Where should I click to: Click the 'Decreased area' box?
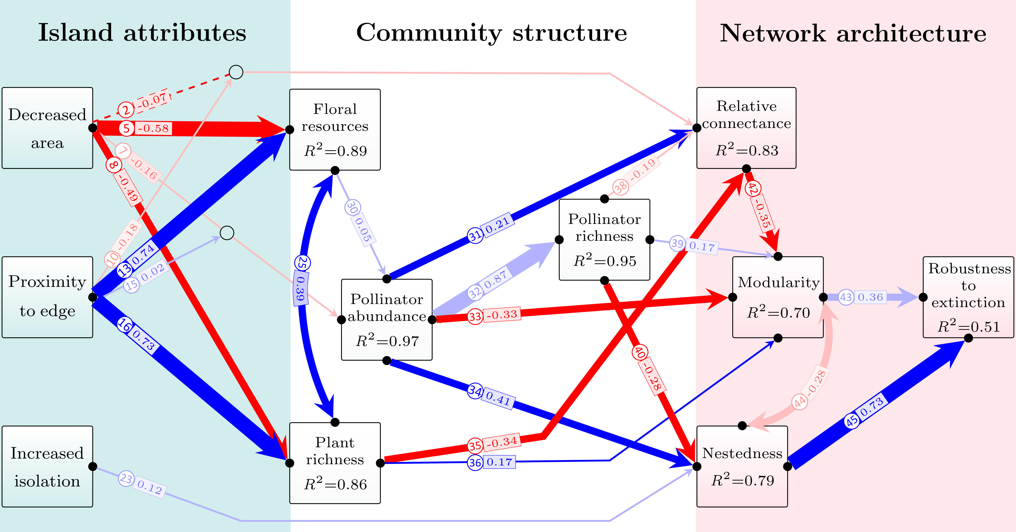(x=47, y=128)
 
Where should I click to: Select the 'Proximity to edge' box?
(x=47, y=297)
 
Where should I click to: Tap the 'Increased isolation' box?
(x=47, y=466)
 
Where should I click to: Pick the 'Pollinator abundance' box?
(x=387, y=319)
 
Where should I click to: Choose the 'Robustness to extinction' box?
(x=968, y=297)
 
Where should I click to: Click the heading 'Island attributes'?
(x=142, y=33)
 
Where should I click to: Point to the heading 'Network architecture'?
(x=853, y=34)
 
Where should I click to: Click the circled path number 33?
(x=475, y=316)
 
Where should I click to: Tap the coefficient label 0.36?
(x=870, y=297)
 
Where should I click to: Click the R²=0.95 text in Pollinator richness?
(x=605, y=261)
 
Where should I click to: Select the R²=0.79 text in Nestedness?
(x=742, y=480)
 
